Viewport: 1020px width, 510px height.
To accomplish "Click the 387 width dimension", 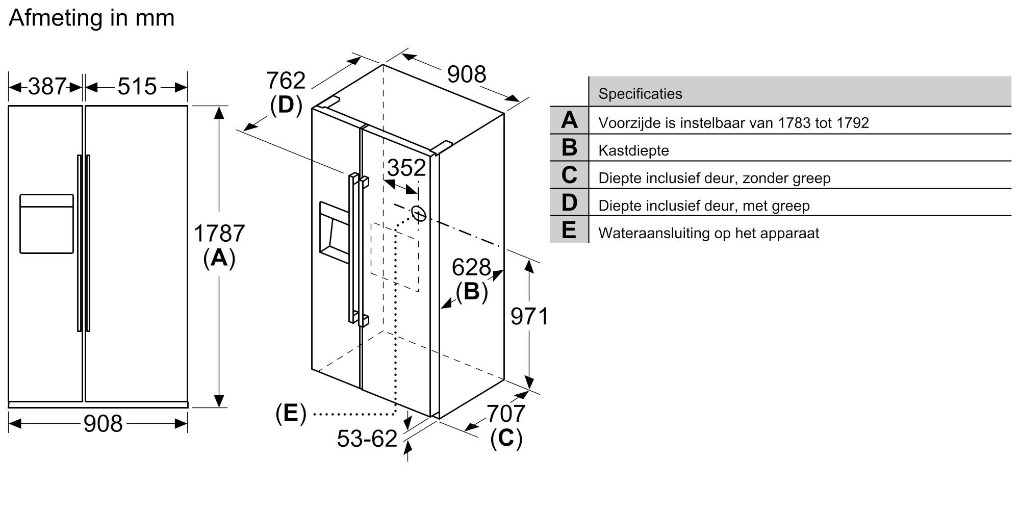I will pyautogui.click(x=47, y=87).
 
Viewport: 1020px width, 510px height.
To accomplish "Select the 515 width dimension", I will pyautogui.click(x=137, y=87).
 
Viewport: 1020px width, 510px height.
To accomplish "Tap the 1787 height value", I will pyautogui.click(x=219, y=234).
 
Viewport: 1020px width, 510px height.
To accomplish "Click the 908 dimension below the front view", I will pyautogui.click(x=103, y=424).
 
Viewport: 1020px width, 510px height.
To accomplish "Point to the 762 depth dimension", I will pyautogui.click(x=286, y=81).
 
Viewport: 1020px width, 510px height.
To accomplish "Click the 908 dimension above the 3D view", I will pyautogui.click(x=466, y=75).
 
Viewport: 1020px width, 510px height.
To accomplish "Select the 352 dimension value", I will pyautogui.click(x=406, y=168).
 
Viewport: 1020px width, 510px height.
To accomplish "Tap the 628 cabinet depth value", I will pyautogui.click(x=471, y=267).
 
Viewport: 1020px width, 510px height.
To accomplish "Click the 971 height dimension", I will pyautogui.click(x=529, y=317).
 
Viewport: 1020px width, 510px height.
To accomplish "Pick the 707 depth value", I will pyautogui.click(x=505, y=414).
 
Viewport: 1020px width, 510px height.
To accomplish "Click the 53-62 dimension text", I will pyautogui.click(x=367, y=439).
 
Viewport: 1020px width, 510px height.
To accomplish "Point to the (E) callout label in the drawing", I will pyautogui.click(x=291, y=413).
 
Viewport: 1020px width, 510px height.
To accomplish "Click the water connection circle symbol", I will pyautogui.click(x=418, y=214).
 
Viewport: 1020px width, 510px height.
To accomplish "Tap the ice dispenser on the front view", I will pyautogui.click(x=46, y=223).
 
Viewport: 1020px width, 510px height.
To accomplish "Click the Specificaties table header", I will pyautogui.click(x=640, y=94).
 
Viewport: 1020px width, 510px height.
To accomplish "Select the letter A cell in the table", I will pyautogui.click(x=569, y=120).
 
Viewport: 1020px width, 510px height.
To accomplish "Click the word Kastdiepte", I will pyautogui.click(x=633, y=150).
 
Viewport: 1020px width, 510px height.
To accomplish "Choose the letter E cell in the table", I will pyautogui.click(x=569, y=230).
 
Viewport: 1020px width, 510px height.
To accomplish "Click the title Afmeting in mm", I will pyautogui.click(x=92, y=18).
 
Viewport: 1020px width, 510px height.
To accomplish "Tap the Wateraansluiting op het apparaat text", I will pyautogui.click(x=708, y=234).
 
